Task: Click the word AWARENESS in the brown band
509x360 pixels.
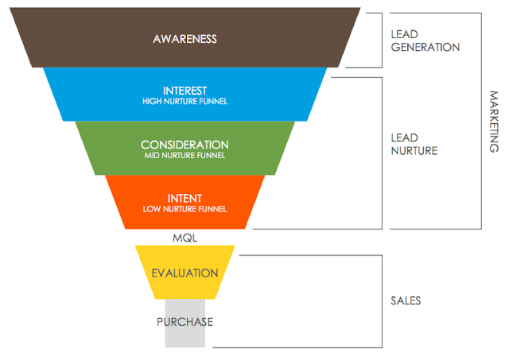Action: coord(185,39)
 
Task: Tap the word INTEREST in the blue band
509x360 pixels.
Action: coord(185,91)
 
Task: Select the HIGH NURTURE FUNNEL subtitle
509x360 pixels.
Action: coord(185,102)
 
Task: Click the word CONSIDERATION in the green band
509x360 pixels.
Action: coord(185,145)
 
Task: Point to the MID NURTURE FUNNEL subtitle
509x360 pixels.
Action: coord(185,156)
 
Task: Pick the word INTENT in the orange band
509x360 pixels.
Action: coord(185,198)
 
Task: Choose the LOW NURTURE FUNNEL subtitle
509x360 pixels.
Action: coord(185,209)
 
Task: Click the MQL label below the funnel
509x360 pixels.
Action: coord(185,237)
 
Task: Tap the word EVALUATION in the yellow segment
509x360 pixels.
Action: coord(185,273)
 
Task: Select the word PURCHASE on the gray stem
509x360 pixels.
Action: coord(185,322)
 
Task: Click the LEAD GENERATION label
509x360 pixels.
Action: coord(425,41)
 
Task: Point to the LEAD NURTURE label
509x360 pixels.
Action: coord(414,144)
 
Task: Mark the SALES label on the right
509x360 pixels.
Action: coord(406,301)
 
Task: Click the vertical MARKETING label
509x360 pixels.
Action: coord(494,121)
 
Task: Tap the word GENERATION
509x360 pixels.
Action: coord(425,47)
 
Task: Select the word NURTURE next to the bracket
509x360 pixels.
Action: coord(414,150)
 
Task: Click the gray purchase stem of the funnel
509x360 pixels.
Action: coord(185,338)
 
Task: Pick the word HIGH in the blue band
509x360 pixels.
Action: coord(151,102)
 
